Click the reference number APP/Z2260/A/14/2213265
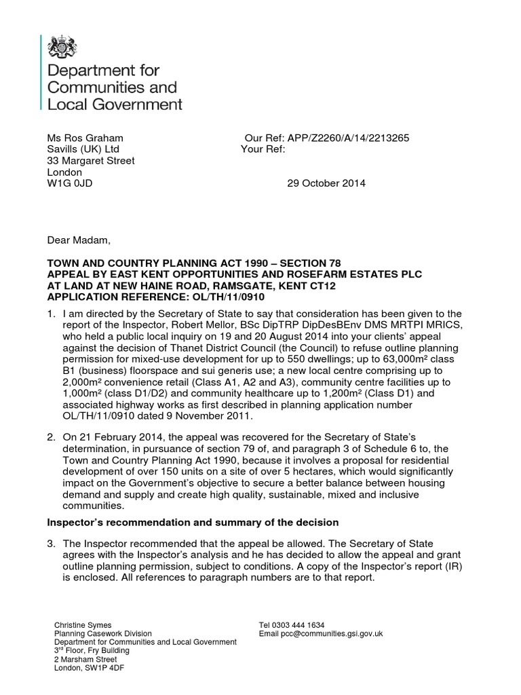pos(351,138)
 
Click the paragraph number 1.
pos(50,313)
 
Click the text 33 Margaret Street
pos(90,161)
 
